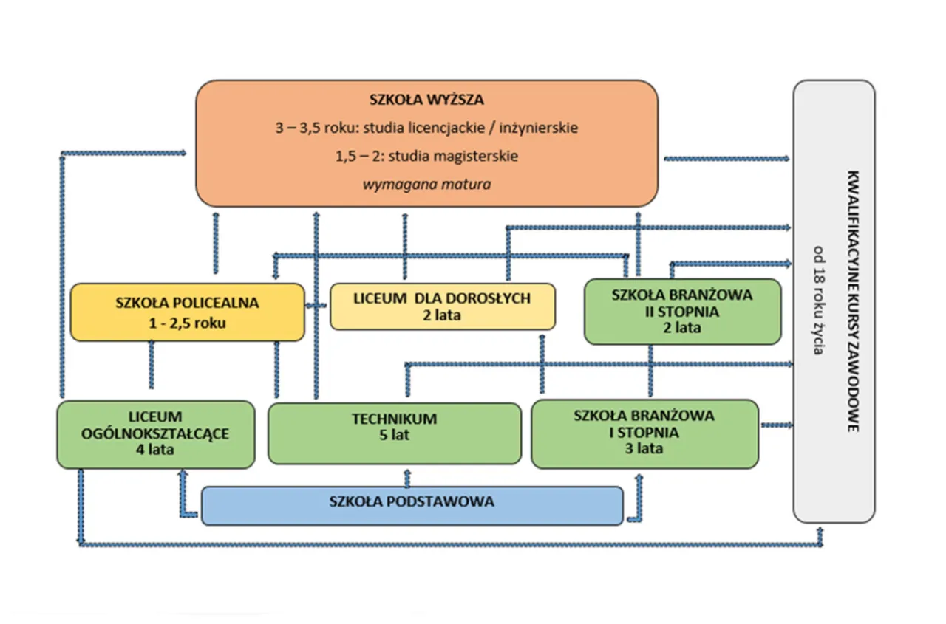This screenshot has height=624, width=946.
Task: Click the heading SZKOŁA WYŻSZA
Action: (426, 100)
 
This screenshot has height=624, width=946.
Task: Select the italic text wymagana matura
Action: (426, 184)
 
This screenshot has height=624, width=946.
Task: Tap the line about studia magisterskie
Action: (426, 156)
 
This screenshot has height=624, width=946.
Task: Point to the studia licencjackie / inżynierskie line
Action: (426, 128)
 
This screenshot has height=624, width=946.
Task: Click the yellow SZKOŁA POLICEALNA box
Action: (187, 312)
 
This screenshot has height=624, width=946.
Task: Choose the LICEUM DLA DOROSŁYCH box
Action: (442, 306)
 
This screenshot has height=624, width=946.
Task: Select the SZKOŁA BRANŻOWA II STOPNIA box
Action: (682, 311)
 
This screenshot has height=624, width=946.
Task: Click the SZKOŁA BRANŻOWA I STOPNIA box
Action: (644, 433)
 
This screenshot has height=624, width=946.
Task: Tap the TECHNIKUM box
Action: (394, 433)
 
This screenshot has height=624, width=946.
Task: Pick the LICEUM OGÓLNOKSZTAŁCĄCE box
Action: (155, 434)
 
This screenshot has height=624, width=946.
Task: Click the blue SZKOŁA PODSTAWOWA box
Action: (412, 505)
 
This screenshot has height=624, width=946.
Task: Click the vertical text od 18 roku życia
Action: (817, 300)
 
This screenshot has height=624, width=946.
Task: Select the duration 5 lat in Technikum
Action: (394, 435)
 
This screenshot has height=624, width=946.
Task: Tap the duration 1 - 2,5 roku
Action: (187, 323)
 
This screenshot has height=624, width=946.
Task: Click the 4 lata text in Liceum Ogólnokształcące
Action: (155, 449)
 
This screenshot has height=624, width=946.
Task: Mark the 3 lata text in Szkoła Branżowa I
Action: (644, 448)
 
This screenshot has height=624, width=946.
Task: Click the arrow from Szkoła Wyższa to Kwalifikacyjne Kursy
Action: (727, 158)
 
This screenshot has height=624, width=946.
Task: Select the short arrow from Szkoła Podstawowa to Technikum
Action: (405, 476)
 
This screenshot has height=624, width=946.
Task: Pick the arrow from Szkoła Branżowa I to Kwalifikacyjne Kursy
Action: (776, 425)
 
